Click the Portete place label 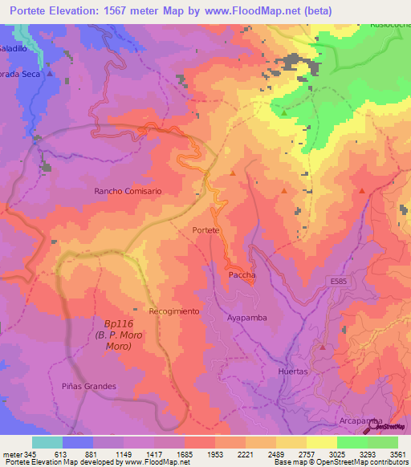206,230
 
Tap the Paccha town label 242,274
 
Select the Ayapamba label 246,317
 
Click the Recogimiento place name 173,311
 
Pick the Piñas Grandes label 89,386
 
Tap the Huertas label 292,372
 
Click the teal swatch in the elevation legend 47,442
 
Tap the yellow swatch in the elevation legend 322,442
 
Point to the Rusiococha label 389,24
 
